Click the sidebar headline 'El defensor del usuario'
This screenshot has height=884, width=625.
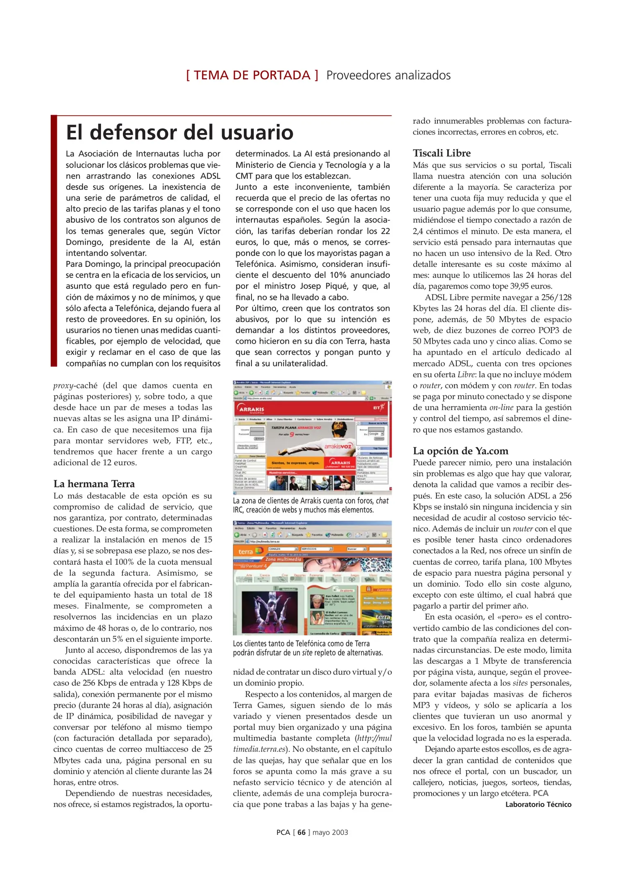click(179, 132)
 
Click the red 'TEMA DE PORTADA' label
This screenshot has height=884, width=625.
click(252, 75)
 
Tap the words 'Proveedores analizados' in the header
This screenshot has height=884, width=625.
click(388, 75)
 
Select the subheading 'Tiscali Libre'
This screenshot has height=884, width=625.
click(442, 153)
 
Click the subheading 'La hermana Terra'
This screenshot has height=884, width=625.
click(94, 484)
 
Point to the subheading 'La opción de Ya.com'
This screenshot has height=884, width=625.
click(460, 451)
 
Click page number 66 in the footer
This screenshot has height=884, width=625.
click(301, 832)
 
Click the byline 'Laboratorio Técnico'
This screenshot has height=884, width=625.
click(538, 804)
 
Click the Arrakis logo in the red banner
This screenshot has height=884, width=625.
click(251, 409)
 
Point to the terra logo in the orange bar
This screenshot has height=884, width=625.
click(246, 551)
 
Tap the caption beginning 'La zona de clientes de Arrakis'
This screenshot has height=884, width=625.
click(310, 505)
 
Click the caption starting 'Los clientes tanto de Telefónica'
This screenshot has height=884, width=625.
click(308, 648)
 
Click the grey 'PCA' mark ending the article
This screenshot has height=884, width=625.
click(540, 793)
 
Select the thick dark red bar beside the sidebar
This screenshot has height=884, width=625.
click(54, 241)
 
